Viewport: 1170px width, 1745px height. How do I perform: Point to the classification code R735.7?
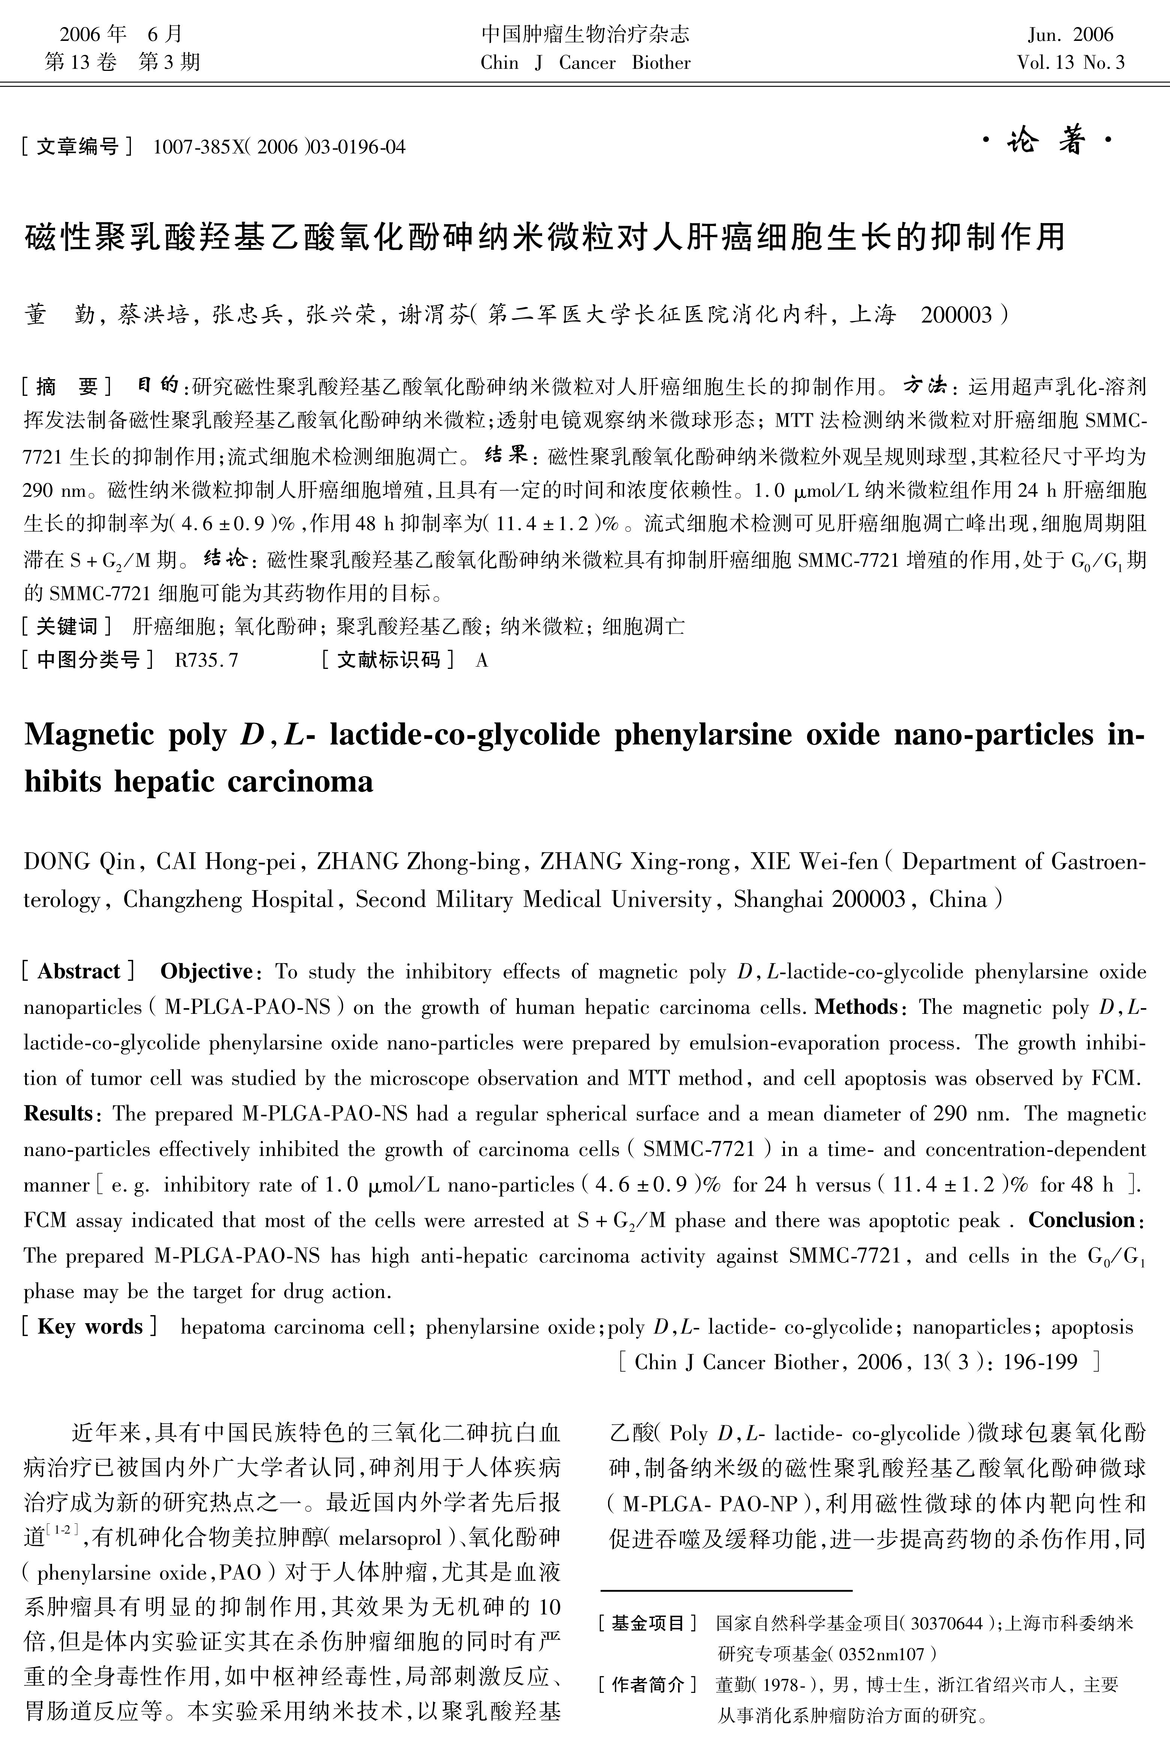[x=206, y=660]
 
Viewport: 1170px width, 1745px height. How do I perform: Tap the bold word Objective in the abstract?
[x=206, y=972]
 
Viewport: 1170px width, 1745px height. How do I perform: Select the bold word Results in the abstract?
[x=57, y=1114]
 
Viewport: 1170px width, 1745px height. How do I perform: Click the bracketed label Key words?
[x=90, y=1327]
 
